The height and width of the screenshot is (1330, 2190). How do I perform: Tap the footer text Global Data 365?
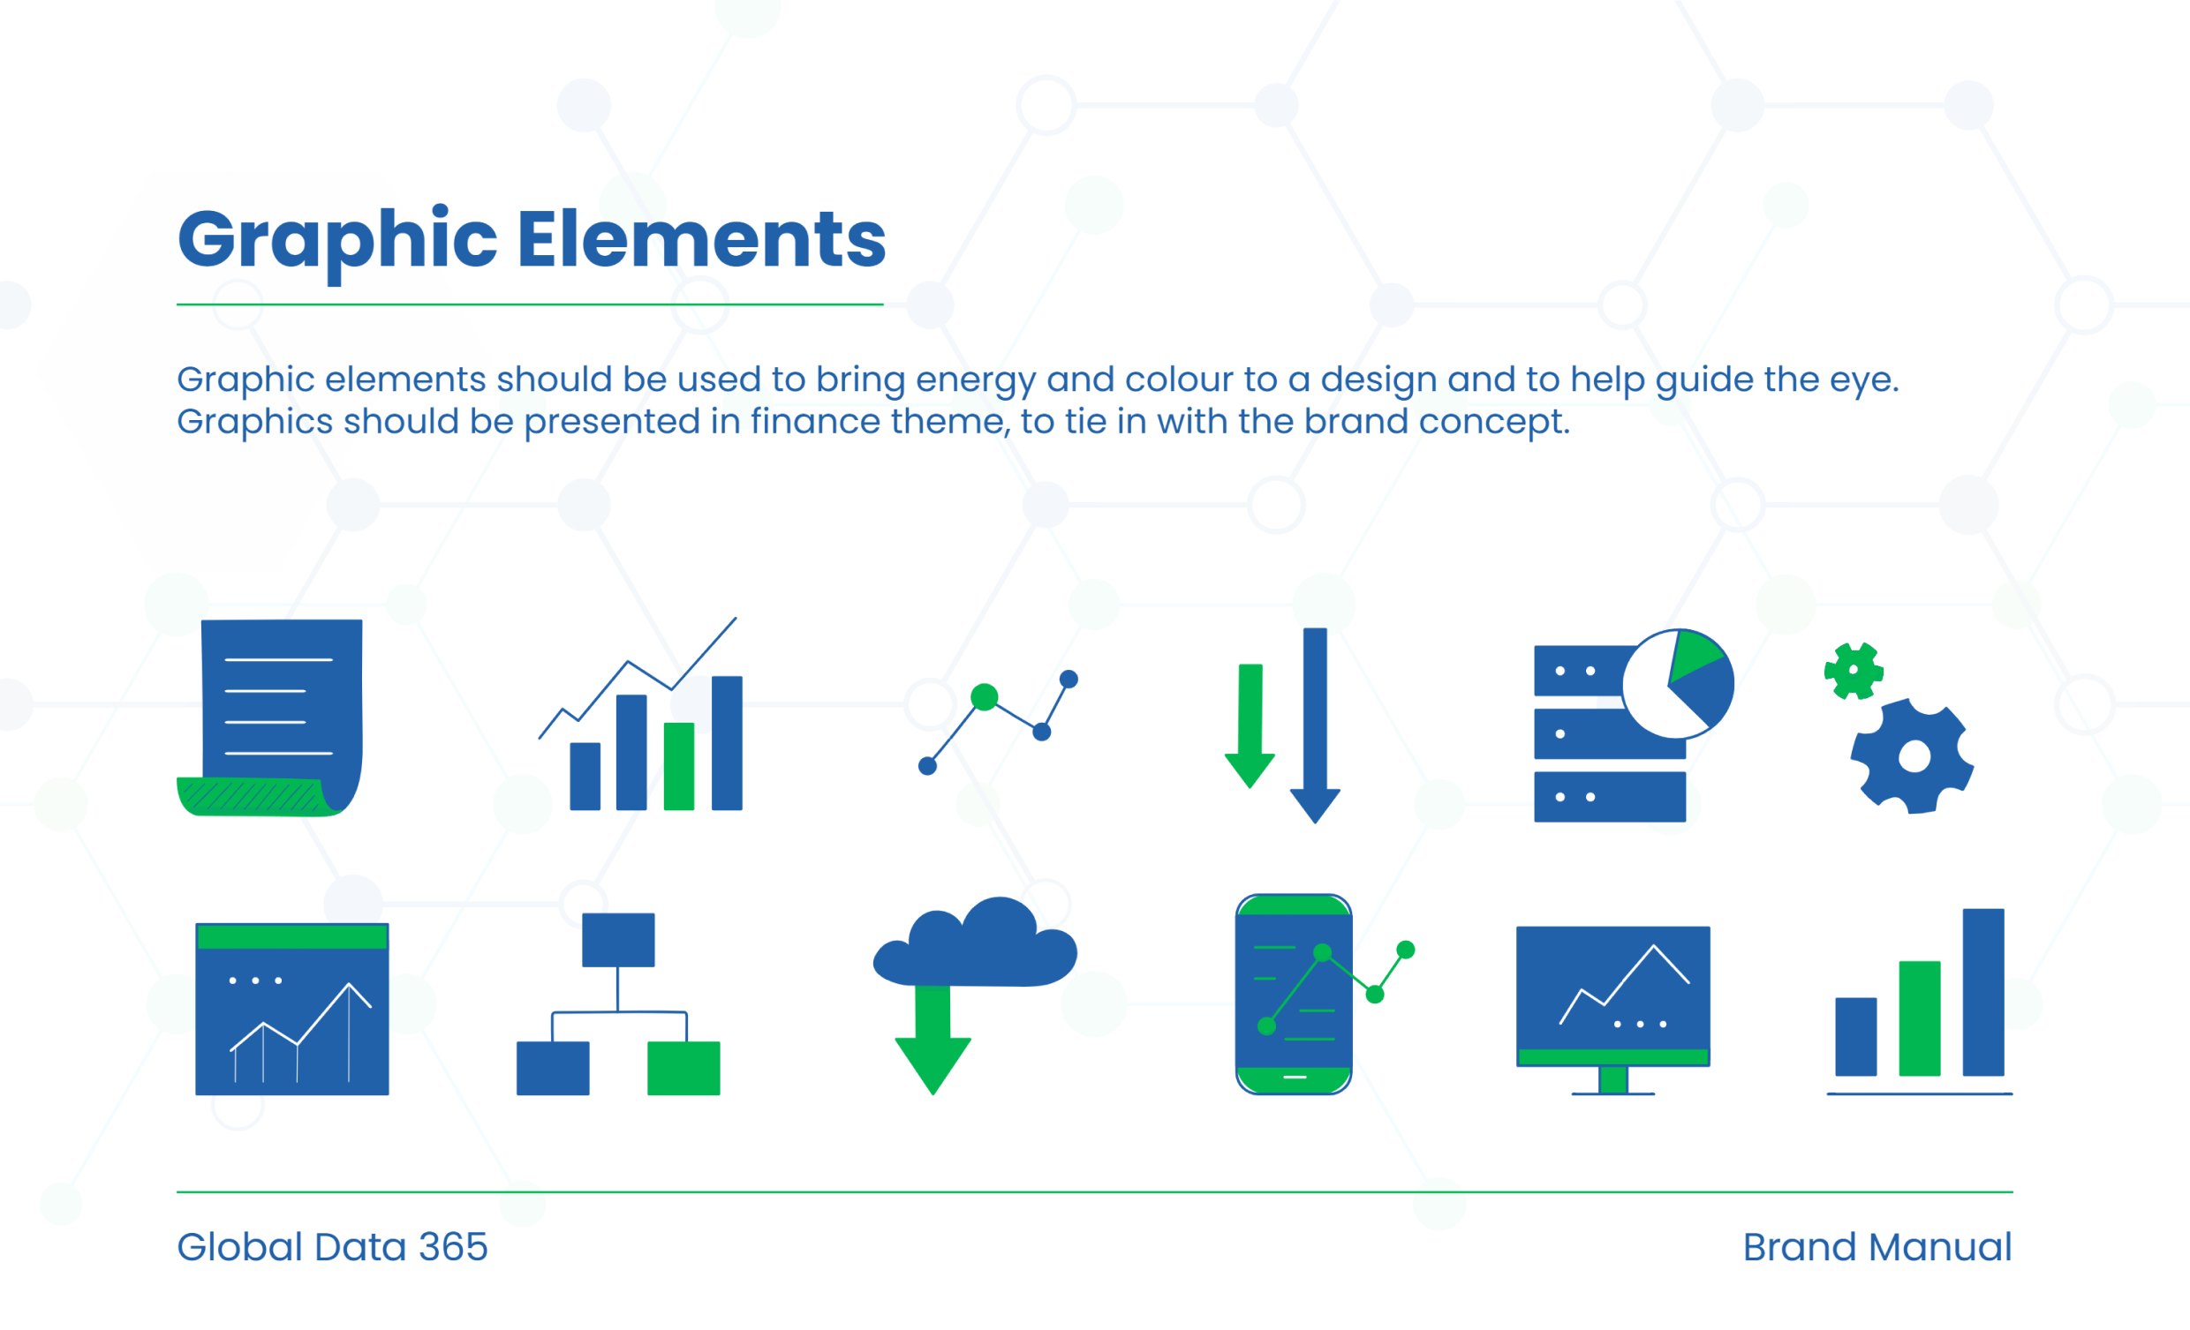(332, 1246)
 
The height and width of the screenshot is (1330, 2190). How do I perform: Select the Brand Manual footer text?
(1877, 1246)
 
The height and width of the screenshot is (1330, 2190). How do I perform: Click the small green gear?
(1854, 671)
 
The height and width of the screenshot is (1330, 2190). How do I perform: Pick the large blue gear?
(1913, 756)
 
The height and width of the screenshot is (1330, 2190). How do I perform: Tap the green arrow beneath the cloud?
(933, 1041)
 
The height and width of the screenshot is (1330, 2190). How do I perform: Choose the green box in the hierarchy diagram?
(683, 1068)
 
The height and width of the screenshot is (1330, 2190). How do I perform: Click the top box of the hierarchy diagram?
(619, 940)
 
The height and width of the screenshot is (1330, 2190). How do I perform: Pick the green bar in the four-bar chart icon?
(679, 766)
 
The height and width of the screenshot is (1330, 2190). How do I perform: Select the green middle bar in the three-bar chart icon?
(1920, 1018)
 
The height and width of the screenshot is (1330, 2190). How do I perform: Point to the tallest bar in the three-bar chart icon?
(1983, 992)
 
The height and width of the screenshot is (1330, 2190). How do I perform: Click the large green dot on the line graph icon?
(984, 697)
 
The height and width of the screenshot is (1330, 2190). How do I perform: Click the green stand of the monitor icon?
(1613, 1079)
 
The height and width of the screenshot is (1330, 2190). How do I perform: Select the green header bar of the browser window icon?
(292, 936)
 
